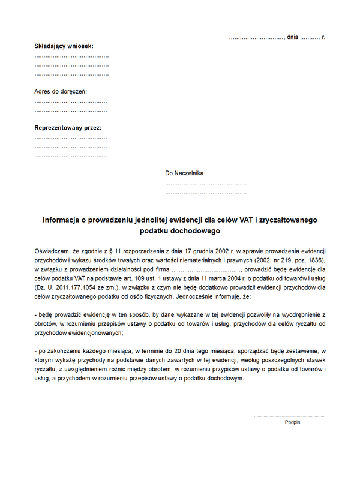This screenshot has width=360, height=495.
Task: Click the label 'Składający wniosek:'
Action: tap(64, 46)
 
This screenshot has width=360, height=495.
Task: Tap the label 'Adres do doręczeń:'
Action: tap(61, 91)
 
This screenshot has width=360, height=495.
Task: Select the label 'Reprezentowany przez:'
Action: tap(68, 128)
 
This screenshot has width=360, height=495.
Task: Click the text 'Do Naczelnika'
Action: tap(184, 173)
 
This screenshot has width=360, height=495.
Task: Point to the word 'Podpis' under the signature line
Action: tap(292, 422)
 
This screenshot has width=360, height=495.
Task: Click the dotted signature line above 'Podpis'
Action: tap(289, 416)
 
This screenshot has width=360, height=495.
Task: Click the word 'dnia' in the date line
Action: tap(293, 37)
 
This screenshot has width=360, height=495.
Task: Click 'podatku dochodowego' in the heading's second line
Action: tap(180, 230)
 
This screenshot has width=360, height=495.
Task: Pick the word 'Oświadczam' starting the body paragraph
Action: tap(53, 250)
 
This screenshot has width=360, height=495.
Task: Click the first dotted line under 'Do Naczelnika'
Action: tap(206, 183)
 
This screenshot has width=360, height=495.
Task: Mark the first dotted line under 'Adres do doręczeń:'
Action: tap(71, 101)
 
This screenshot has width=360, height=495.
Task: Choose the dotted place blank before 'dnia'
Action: tap(256, 38)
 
